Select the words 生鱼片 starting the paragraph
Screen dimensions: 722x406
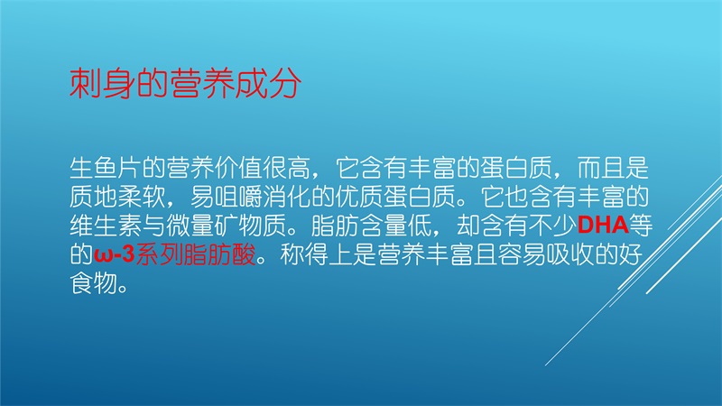pos(106,168)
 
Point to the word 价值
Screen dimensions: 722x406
pos(238,168)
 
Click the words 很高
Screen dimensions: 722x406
pos(286,168)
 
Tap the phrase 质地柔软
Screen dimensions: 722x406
pos(117,197)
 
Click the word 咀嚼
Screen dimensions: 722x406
pos(238,197)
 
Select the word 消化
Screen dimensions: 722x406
pos(286,197)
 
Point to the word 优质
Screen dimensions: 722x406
pos(358,197)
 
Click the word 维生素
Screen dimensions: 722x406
pos(106,225)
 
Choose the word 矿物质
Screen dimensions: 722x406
pos(250,225)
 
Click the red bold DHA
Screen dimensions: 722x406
pos(603,225)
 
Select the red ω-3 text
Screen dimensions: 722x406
pos(115,254)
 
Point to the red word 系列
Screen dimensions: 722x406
pos(159,254)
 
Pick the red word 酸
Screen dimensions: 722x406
pos(243,254)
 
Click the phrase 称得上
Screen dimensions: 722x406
pos(315,254)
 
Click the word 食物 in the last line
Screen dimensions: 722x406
pos(94,282)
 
